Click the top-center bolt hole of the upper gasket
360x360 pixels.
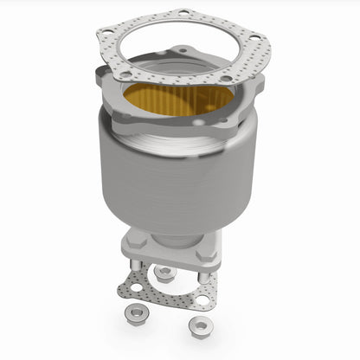coord(182,13)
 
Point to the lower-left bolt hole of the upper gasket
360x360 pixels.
coord(119,76)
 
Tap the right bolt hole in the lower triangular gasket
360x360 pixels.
coord(203,300)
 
